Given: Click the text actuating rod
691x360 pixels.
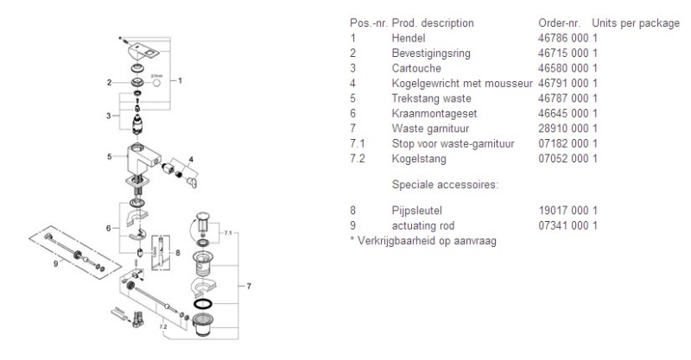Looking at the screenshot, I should tap(420, 224).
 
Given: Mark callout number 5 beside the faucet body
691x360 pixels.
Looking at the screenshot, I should tap(109, 157).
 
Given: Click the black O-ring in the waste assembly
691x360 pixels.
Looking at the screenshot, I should tap(202, 304).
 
